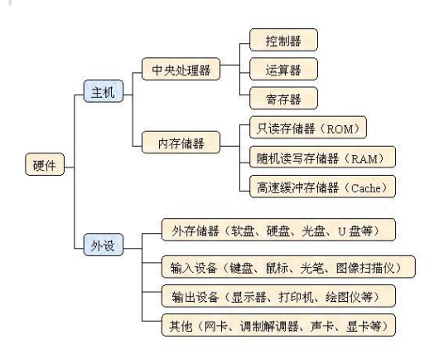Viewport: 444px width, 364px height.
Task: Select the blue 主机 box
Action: [x=103, y=92]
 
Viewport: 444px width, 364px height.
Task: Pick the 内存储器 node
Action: [x=180, y=143]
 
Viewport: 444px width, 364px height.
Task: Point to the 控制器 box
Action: [x=283, y=40]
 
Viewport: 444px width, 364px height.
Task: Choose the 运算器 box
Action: [x=283, y=69]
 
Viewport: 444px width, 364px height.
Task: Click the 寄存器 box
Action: [x=283, y=99]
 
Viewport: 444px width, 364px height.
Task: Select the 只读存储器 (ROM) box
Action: [x=307, y=129]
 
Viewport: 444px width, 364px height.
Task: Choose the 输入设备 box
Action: [x=287, y=267]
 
